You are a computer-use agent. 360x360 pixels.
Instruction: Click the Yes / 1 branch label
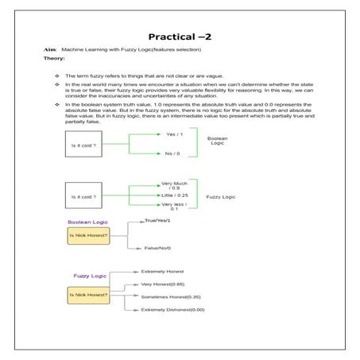coord(172,134)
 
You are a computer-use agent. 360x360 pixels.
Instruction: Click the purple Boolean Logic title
coord(87,222)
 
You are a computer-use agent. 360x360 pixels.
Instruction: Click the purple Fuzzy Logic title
coord(90,276)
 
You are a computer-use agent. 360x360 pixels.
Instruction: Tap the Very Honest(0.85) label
coord(162,284)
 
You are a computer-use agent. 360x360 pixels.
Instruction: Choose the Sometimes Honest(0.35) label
coord(170,296)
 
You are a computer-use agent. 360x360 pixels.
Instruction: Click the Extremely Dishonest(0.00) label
coord(172,309)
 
